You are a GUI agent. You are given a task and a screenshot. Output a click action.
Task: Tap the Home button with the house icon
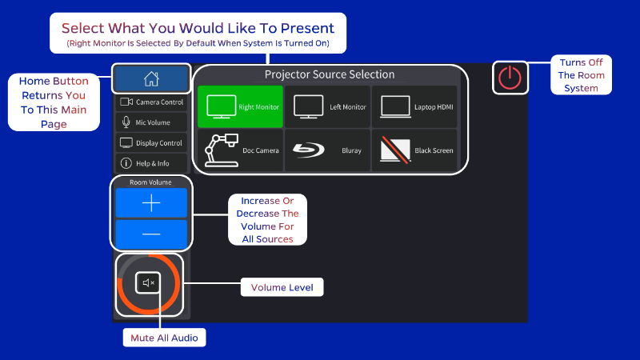pos(151,78)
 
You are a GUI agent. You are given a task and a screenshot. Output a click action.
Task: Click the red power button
pos(510,78)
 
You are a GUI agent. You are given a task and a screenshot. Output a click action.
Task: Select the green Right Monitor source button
pos(241,106)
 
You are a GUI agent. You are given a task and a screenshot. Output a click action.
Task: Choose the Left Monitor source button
pos(327,106)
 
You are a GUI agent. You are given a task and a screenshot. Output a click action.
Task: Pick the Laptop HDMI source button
pos(414,106)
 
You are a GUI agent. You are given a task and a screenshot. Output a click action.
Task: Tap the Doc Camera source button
pos(241,150)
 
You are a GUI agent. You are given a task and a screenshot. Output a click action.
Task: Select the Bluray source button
pos(327,150)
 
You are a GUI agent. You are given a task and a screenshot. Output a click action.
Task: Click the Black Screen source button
pos(414,150)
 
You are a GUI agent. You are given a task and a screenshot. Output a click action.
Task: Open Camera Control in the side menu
pos(151,102)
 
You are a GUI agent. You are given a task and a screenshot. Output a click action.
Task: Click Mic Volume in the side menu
pos(151,122)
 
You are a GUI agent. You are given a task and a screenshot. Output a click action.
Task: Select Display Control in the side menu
pos(151,143)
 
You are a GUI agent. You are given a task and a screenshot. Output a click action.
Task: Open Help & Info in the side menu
pos(151,163)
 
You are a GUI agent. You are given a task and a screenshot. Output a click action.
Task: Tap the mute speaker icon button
pos(148,282)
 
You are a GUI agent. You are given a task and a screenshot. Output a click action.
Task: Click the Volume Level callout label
pos(282,287)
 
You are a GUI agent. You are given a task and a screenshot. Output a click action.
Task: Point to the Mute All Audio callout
pos(164,338)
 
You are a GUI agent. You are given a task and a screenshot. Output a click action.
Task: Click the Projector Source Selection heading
pos(330,74)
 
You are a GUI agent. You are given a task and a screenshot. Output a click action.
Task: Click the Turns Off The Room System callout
pos(582,75)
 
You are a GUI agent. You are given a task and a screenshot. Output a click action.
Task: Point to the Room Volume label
pos(150,182)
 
